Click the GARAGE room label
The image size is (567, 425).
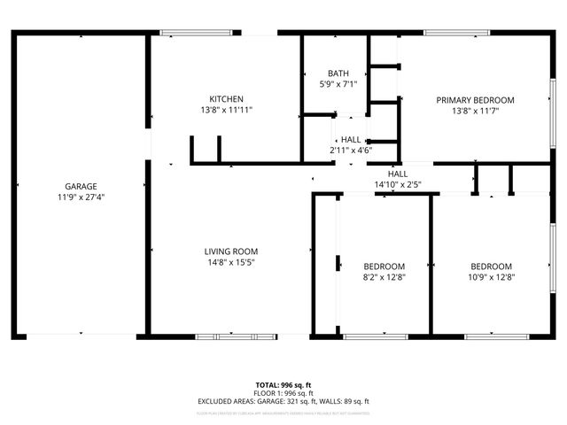coord(81,186)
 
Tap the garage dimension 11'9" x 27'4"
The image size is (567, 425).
coord(81,197)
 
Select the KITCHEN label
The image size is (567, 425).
coord(226,98)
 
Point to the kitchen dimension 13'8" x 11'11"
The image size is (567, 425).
coord(226,111)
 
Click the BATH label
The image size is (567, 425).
coord(338,73)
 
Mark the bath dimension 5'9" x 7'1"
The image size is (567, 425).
coord(338,85)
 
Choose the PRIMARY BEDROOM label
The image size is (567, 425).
coord(475,100)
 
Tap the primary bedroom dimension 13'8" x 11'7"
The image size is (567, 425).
coord(475,112)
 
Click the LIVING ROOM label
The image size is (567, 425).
coord(231,251)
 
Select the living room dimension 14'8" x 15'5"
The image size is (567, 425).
coord(231,263)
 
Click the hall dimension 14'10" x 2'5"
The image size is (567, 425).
coord(397,185)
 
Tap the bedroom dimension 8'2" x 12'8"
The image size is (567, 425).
coord(384,278)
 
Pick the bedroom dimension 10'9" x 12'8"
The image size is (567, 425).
coord(491,278)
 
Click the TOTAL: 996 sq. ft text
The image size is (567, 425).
coord(283,385)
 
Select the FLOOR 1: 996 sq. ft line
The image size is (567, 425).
coord(283,393)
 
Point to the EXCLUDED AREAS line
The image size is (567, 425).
coord(283,401)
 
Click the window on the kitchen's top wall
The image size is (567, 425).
coord(198,34)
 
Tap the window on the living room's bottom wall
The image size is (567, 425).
coord(224,336)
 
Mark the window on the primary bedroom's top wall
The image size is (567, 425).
coord(457,34)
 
